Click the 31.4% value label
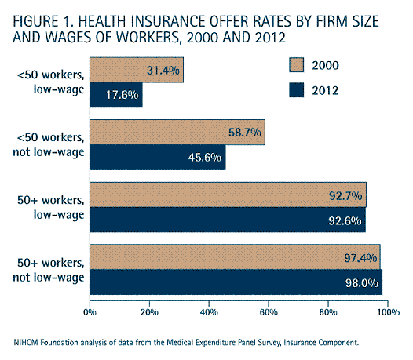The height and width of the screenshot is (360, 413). (163, 71)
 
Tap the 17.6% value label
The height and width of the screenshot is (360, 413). (122, 95)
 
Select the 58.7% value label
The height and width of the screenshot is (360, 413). (245, 132)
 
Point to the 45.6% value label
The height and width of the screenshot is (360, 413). (205, 158)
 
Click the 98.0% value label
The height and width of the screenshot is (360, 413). (362, 283)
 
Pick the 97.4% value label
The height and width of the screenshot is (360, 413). (360, 258)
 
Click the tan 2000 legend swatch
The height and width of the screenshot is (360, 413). (296, 65)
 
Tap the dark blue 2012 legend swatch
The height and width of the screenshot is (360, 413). (296, 90)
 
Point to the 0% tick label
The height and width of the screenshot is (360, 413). (90, 312)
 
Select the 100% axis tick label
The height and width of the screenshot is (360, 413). (389, 312)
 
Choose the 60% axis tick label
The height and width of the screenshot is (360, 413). (269, 312)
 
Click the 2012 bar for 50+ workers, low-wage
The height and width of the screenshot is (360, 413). (228, 220)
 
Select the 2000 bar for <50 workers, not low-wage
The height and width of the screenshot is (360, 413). (177, 132)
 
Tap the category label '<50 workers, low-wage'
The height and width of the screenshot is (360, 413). (51, 82)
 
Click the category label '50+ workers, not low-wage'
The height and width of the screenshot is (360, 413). (49, 270)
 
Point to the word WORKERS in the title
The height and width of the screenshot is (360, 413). (148, 37)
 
